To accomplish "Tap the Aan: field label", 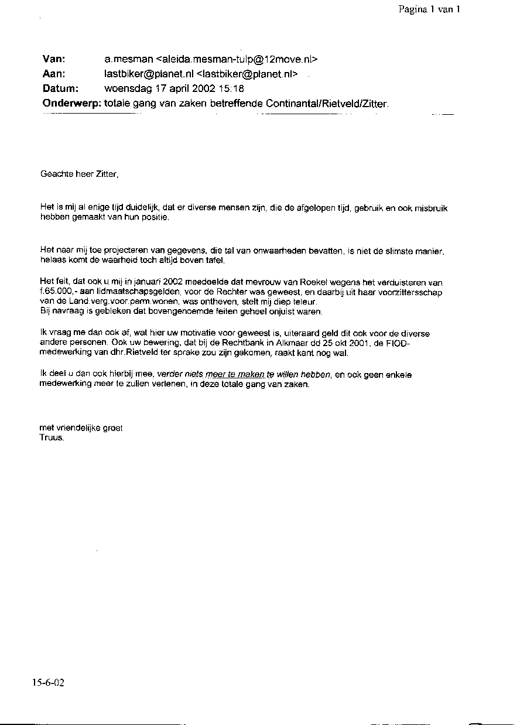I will tap(53, 74).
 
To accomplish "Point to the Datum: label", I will tap(60, 89).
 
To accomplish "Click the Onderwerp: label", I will tap(71, 104).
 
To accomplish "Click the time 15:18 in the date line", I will tap(232, 89).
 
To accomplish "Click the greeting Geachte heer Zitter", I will tap(79, 174).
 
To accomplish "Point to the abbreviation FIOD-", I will tap(398, 344).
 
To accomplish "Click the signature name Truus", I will tap(52, 437).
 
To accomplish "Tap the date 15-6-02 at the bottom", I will tap(49, 683).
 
